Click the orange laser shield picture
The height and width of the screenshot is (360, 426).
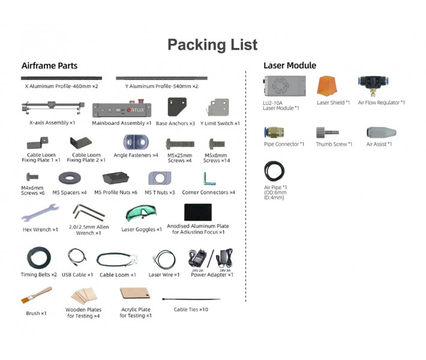pos(327,86)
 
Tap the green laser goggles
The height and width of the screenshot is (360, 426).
pos(141,213)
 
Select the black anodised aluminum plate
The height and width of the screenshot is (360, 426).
pos(198,212)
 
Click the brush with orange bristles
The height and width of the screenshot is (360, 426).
pos(36,295)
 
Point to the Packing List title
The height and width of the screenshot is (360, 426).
pos(212,44)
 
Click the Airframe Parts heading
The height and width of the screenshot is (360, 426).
pos(49,66)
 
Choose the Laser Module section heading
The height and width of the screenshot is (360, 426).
pos(290,65)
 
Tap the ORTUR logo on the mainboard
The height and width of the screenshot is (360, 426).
pos(135,110)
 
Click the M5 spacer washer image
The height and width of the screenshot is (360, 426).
pos(70,178)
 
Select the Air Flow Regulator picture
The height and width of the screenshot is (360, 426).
pos(373,85)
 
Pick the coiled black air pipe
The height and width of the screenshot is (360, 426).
pos(274,171)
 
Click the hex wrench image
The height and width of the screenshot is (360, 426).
pos(40,212)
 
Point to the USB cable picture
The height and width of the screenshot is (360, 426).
pos(77,257)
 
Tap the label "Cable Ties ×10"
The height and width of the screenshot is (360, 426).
pos(191,310)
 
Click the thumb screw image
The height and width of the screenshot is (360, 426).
pos(328,133)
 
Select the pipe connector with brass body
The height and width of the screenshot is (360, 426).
pos(274,133)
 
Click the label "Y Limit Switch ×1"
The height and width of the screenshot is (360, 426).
pos(220,124)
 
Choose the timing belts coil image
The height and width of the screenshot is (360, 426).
pos(39,257)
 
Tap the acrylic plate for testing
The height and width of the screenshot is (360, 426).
pos(135,293)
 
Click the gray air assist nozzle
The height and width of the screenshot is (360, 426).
pos(381,133)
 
